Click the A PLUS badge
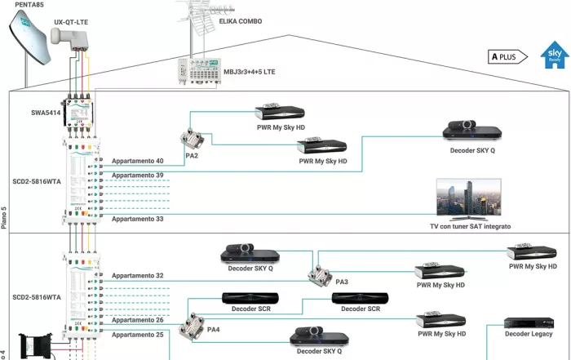pos(506,56)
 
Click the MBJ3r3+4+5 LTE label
pos(250,72)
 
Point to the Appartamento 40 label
pos(138,161)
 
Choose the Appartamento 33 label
pos(138,219)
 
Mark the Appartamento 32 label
pos(138,276)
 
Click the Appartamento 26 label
pos(138,319)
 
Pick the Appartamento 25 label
pos(138,334)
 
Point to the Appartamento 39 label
pos(138,176)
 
